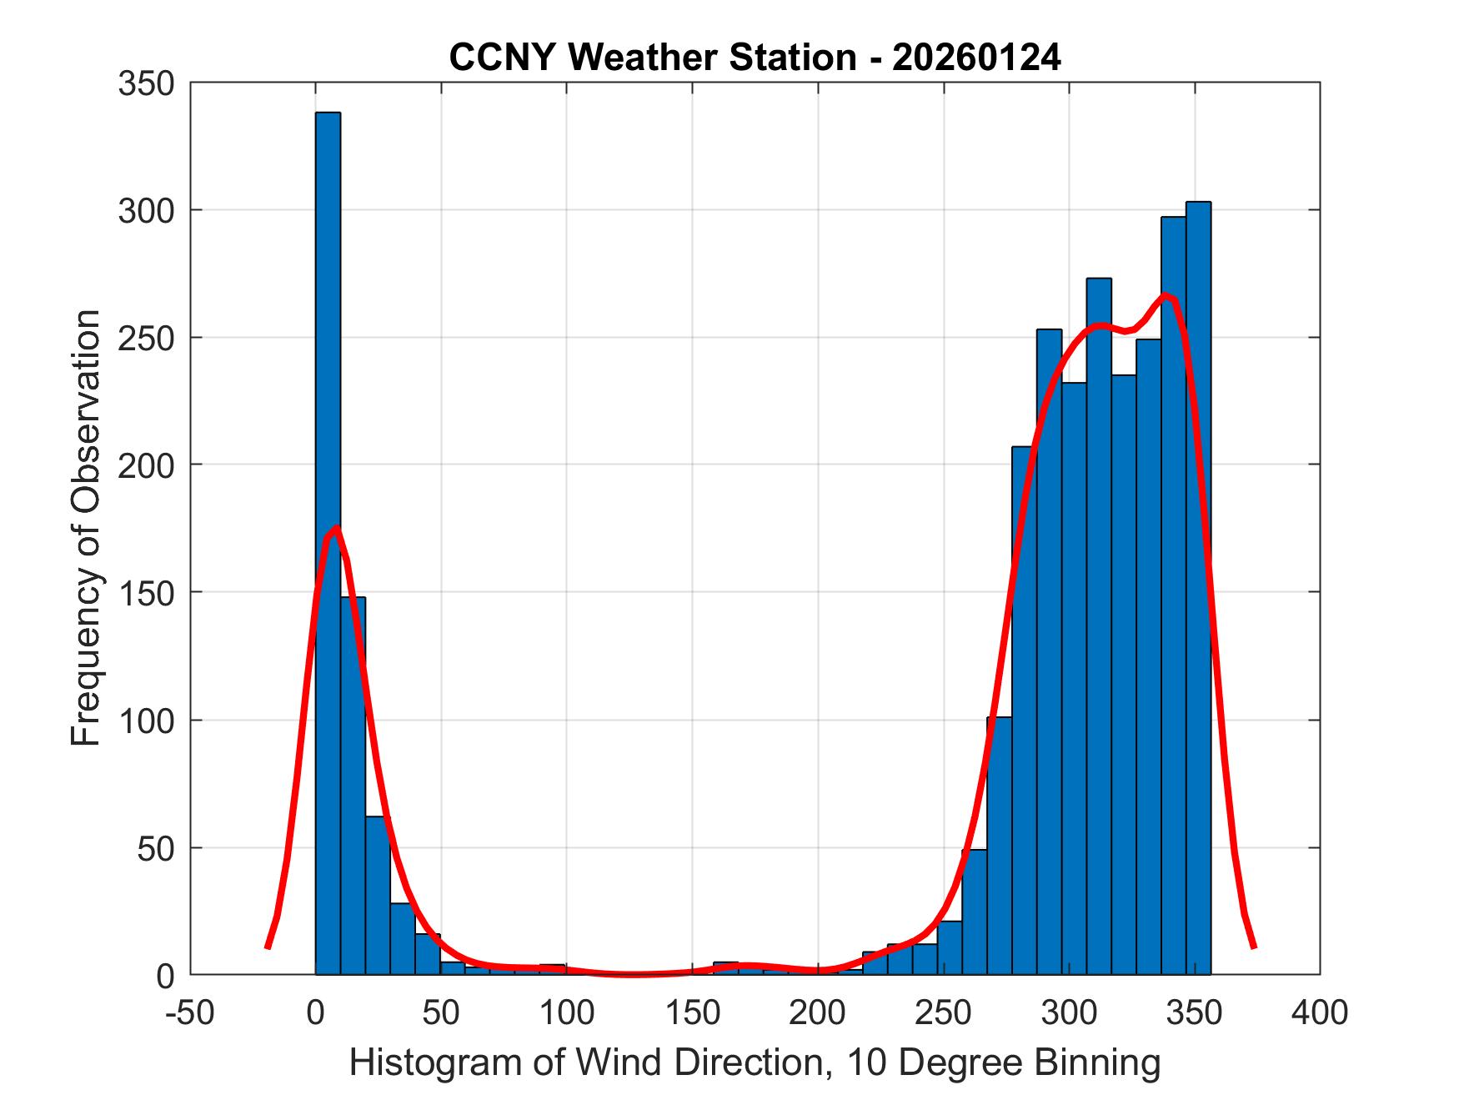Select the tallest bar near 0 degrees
328,542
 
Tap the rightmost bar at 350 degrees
1198,584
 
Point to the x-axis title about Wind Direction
755,1062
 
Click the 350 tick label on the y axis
145,83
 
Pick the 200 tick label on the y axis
145,465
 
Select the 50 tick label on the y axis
154,847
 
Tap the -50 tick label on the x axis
190,1012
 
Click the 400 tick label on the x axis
1320,1012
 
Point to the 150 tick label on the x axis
692,1012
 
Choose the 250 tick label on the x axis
944,1012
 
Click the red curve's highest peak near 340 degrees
1166,295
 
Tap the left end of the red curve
267,947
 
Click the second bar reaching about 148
353,784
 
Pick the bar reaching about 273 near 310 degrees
1098,625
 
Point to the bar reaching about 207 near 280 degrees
1024,709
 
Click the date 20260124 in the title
976,58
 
